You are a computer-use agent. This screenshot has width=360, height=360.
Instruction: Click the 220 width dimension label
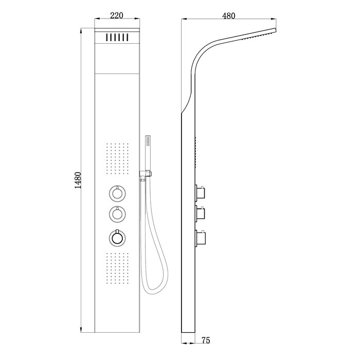point(117,15)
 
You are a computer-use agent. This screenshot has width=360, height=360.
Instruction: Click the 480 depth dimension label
point(228,15)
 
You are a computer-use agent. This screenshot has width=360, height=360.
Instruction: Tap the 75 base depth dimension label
point(206,340)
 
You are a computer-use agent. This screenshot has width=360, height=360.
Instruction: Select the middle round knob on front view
point(117,213)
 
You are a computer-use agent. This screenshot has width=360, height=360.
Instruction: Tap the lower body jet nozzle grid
point(117,268)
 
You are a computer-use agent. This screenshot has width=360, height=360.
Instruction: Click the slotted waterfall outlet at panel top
point(117,38)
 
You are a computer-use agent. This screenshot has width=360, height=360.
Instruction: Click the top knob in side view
point(201,193)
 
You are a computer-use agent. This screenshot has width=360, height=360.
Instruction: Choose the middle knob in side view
point(201,212)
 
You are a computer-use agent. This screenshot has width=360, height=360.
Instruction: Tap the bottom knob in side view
point(201,238)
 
